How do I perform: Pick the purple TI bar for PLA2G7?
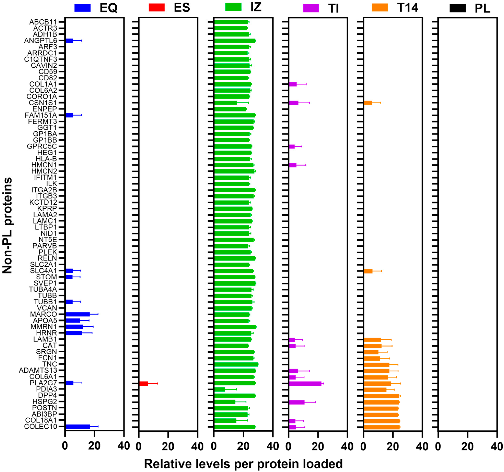tap(305, 383)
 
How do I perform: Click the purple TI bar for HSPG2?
tap(297, 402)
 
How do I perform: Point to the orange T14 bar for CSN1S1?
tap(368, 103)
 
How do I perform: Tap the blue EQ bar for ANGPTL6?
tap(69, 41)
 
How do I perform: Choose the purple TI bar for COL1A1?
tap(293, 84)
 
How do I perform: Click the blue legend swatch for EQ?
tap(82, 8)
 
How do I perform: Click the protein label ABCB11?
tap(43, 22)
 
